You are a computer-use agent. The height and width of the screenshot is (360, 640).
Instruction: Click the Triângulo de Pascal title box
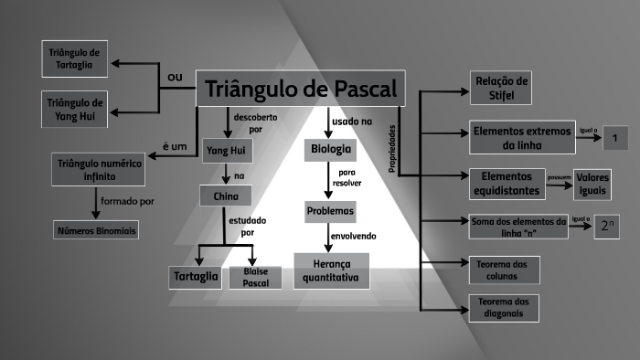point(301,89)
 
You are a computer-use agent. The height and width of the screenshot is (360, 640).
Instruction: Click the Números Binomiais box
point(95,230)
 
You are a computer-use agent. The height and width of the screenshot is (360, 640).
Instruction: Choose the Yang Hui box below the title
point(226,150)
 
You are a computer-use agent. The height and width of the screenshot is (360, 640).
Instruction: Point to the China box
point(225,196)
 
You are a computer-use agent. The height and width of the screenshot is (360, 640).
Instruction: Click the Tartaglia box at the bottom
point(197,277)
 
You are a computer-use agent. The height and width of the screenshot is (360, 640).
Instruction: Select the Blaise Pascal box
point(255,277)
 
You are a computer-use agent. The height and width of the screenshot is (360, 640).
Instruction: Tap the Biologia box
point(330,149)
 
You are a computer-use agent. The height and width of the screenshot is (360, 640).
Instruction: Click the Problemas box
point(330,211)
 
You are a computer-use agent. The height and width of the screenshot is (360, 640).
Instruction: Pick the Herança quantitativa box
point(331,270)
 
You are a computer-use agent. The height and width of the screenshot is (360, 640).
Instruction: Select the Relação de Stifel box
point(500,86)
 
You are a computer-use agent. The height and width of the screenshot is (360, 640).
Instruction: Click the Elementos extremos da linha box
point(522,138)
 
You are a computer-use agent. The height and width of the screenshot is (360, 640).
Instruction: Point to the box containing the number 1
point(616,138)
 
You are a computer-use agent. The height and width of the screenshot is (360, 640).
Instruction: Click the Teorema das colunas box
point(503,270)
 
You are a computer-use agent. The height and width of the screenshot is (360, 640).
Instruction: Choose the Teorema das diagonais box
point(503,308)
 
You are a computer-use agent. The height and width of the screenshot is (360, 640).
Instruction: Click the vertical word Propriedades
point(392,148)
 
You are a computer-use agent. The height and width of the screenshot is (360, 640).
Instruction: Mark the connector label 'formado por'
point(128,201)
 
